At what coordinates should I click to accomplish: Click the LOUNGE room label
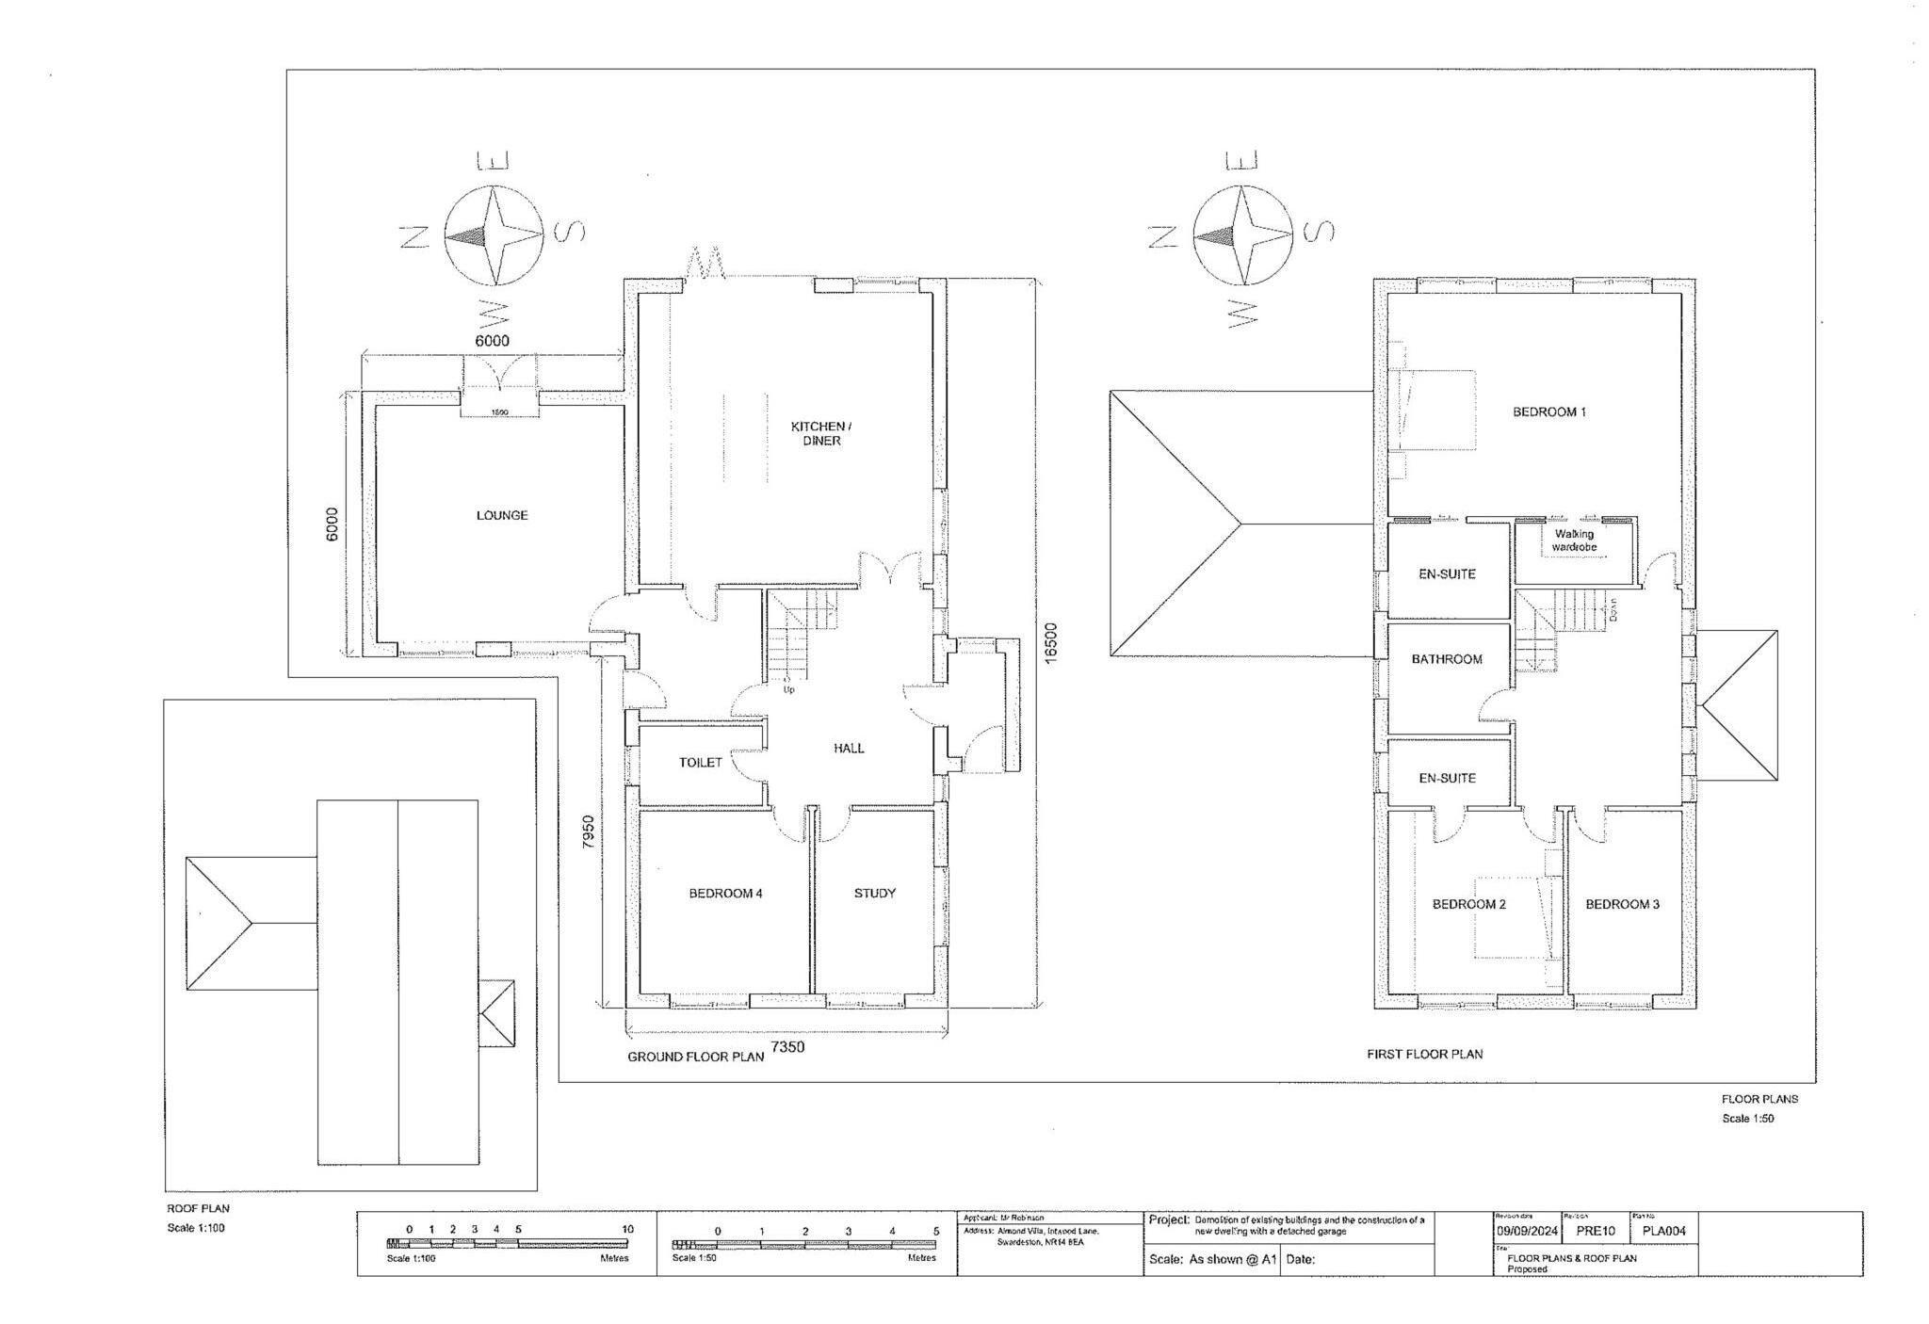click(501, 515)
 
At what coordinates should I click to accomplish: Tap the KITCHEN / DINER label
click(820, 433)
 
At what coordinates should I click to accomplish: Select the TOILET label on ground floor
click(700, 762)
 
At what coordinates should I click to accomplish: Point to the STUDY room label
click(874, 893)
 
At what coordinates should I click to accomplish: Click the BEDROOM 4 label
click(725, 893)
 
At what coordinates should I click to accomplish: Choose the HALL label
click(848, 748)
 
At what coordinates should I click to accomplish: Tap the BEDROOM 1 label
click(1548, 412)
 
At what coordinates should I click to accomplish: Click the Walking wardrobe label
click(1574, 541)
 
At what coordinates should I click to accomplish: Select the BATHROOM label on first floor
click(1446, 659)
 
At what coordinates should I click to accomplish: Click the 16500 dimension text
click(1051, 642)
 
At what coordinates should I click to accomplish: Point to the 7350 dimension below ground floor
click(787, 1046)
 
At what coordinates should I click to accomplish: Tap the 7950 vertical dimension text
click(588, 832)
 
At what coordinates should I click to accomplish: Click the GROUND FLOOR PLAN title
click(695, 1057)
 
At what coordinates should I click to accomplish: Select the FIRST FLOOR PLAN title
click(1424, 1054)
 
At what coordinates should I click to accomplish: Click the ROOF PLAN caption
click(198, 1208)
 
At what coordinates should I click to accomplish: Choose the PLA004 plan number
click(1663, 1231)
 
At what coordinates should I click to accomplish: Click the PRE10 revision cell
click(1595, 1231)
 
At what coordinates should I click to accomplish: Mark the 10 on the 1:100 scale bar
click(627, 1229)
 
